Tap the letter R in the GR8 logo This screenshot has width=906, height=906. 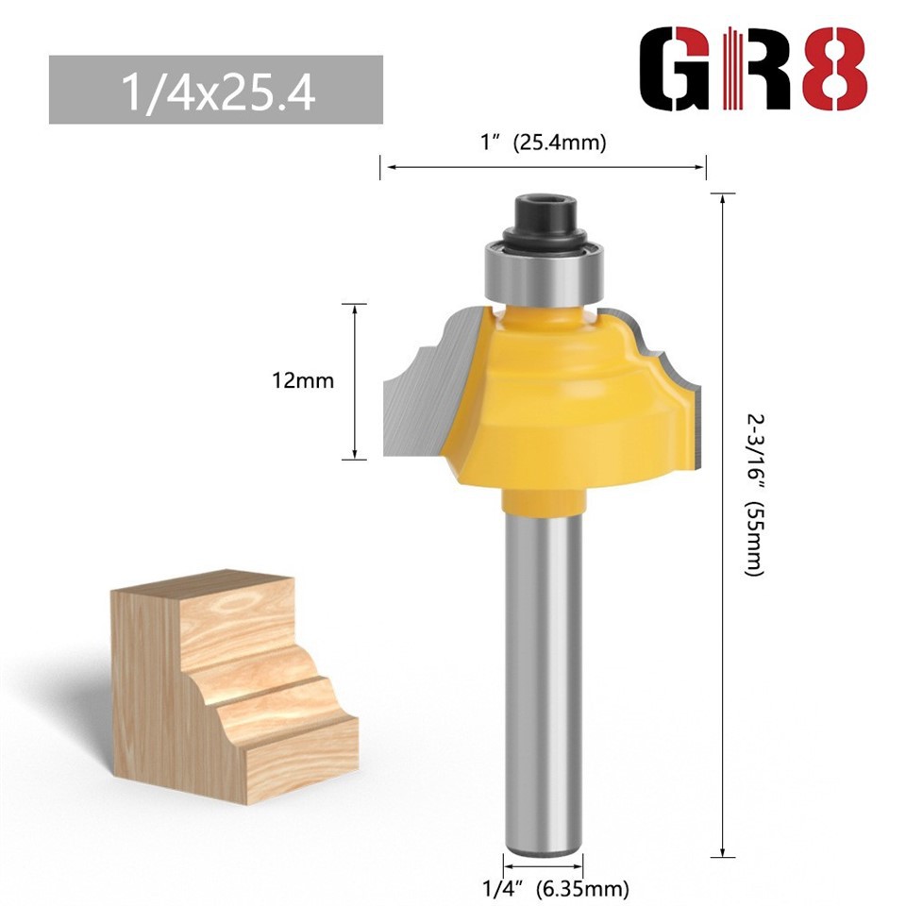(x=755, y=71)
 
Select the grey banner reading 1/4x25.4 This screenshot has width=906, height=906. (x=215, y=90)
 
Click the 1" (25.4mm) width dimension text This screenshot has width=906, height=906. (x=543, y=143)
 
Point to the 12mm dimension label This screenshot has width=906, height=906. (x=302, y=381)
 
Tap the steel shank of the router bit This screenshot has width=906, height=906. (x=543, y=661)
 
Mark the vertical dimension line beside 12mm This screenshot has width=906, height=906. (x=354, y=381)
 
